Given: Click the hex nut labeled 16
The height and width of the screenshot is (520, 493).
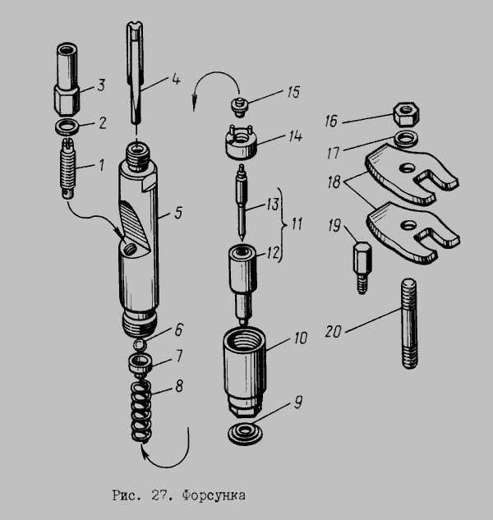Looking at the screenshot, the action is click(406, 114).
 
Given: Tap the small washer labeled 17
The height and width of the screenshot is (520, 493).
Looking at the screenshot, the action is click(405, 138).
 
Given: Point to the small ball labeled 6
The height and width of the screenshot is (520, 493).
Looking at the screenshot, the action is click(139, 345).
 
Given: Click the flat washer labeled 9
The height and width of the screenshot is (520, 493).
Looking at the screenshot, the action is click(245, 433).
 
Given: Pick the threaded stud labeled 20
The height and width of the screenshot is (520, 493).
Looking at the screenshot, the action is click(409, 323).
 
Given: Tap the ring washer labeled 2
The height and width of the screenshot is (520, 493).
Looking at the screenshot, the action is click(67, 127).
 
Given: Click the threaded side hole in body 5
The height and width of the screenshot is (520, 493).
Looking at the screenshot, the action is click(129, 248).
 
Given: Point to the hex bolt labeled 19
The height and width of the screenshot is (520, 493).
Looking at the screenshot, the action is click(362, 268).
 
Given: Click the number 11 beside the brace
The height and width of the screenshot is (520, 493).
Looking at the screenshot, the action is click(297, 224).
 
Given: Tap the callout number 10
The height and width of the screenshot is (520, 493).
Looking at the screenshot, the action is click(301, 338).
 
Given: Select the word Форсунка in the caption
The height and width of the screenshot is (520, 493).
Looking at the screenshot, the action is click(214, 495).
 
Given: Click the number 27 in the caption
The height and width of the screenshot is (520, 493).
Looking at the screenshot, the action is click(159, 495).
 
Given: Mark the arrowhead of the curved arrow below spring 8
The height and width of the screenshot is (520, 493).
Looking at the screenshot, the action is click(144, 452).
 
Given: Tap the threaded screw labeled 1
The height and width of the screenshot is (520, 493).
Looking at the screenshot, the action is click(68, 168).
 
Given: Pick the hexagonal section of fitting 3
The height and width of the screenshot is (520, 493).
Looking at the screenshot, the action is click(66, 99).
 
